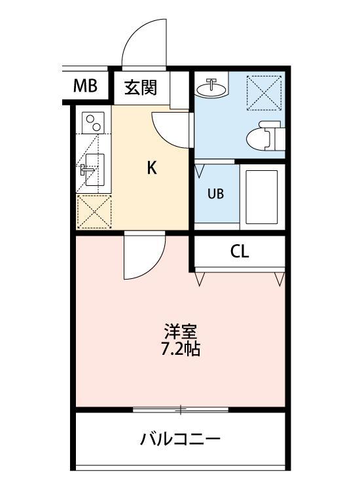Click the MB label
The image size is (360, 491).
point(85,85)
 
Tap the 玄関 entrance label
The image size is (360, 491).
point(139,87)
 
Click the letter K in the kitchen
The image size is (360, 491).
point(151,168)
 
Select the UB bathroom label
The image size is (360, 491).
point(215,194)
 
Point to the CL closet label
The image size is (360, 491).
point(240,252)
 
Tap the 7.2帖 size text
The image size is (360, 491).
point(180,348)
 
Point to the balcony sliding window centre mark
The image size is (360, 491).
point(181,410)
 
